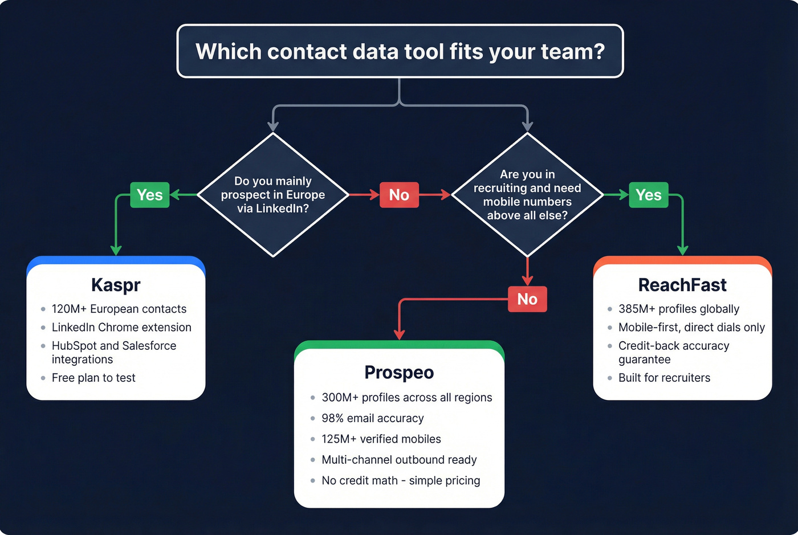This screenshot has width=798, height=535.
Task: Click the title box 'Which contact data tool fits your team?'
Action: click(400, 51)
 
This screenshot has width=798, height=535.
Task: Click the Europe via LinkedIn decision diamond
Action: click(273, 195)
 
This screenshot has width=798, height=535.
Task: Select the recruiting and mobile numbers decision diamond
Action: click(527, 195)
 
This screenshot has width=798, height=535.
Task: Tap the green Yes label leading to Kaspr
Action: click(150, 195)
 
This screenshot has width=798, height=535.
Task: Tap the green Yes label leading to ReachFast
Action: click(649, 195)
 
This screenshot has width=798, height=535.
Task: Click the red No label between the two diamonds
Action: click(399, 195)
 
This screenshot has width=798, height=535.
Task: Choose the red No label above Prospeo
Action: click(527, 299)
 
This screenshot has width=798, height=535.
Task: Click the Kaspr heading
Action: click(116, 285)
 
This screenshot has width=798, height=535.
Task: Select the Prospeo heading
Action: click(399, 373)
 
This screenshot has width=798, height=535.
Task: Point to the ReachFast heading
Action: click(682, 285)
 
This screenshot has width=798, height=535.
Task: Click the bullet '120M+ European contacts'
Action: click(119, 309)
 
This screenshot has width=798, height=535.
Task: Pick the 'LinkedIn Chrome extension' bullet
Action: click(121, 328)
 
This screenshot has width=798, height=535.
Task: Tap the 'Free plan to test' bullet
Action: click(93, 378)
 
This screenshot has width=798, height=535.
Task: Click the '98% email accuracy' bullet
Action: click(373, 418)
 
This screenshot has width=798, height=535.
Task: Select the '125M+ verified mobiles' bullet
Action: click(381, 439)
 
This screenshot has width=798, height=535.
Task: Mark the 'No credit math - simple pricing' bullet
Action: click(401, 481)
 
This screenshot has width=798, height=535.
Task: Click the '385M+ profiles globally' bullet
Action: click(679, 309)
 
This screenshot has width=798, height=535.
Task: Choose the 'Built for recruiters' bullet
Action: click(664, 378)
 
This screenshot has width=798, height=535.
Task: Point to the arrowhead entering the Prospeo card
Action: click(399, 334)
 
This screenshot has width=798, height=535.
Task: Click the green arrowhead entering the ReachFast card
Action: click(682, 250)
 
